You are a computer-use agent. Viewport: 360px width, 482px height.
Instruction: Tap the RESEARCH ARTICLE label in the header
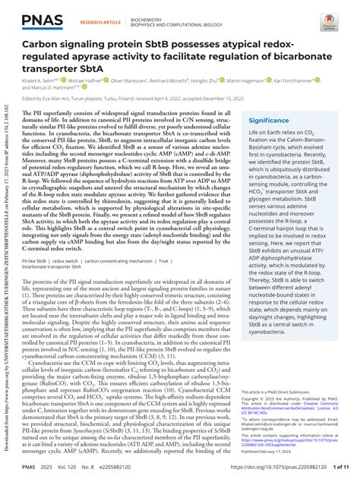99,23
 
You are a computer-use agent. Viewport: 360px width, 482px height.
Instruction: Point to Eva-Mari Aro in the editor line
59,99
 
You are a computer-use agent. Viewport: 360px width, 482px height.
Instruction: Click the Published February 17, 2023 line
269,450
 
